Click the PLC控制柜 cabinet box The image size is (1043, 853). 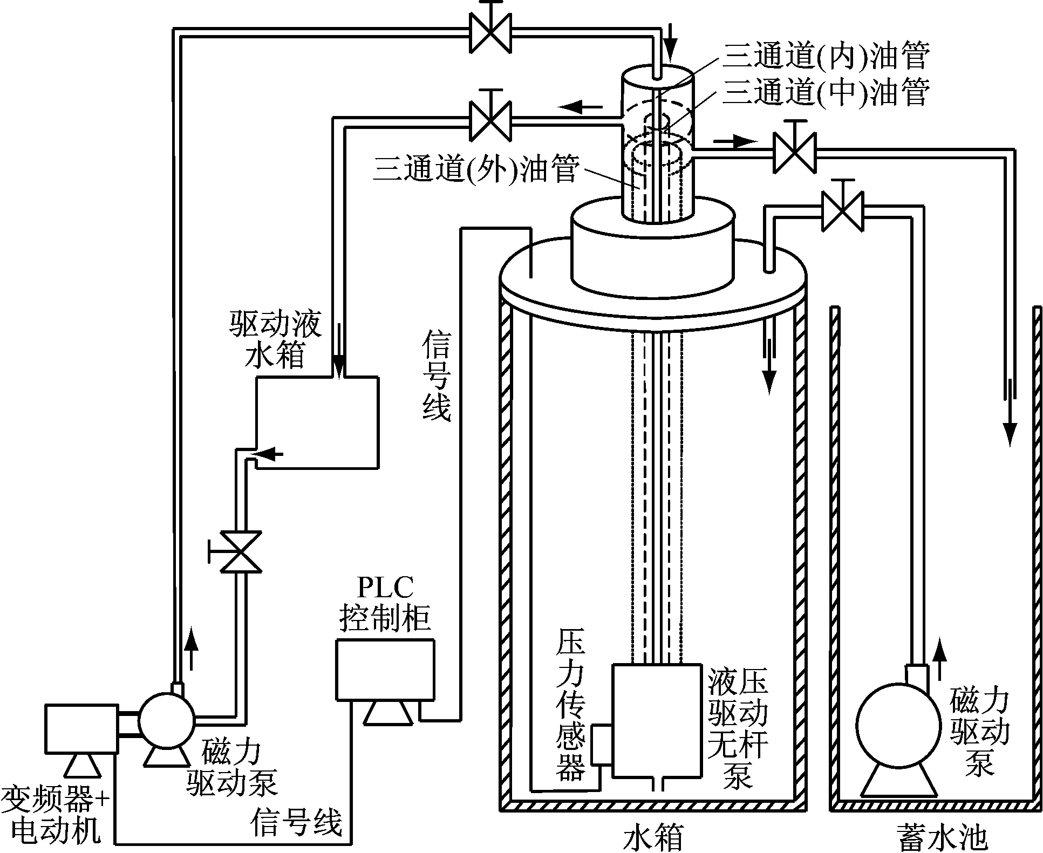[385, 670]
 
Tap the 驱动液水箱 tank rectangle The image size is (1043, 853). [317, 422]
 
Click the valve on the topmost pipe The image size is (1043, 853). [490, 32]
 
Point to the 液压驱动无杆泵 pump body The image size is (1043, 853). [657, 720]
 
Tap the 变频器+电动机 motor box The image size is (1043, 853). [81, 728]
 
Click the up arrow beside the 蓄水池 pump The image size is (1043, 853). [939, 657]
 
